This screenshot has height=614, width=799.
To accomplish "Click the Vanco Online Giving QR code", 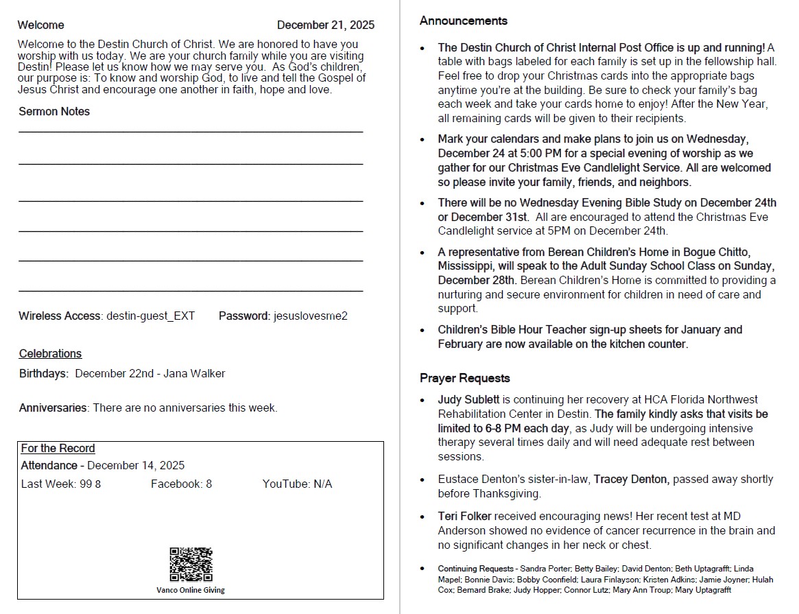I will coord(191,564).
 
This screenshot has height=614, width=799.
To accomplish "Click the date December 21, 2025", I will coord(326,25).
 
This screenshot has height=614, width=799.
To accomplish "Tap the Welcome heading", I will coord(41,25).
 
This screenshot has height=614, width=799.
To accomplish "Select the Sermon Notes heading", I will coord(54,111).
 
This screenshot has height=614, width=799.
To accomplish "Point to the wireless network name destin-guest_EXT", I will coord(151,316).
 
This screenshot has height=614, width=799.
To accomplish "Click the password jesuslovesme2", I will coord(311,316).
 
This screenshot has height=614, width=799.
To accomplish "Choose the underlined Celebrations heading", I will coord(50,354).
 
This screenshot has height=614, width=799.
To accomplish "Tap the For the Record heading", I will coord(58,449).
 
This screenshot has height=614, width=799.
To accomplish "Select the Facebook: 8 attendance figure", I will coord(181,484).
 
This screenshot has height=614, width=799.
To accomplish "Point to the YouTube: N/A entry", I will coord(297,484).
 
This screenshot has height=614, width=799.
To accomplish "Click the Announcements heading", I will coord(464,21).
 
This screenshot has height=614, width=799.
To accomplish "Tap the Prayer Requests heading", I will coord(465,379).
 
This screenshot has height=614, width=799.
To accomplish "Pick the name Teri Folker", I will coord(464,517).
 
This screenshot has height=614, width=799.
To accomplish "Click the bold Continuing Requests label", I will coord(476,569).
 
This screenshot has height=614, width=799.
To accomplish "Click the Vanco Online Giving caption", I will coord(191,590).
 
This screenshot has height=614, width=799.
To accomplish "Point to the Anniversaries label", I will coord(53,408).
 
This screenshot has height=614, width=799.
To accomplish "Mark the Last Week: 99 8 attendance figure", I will coord(61,484).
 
